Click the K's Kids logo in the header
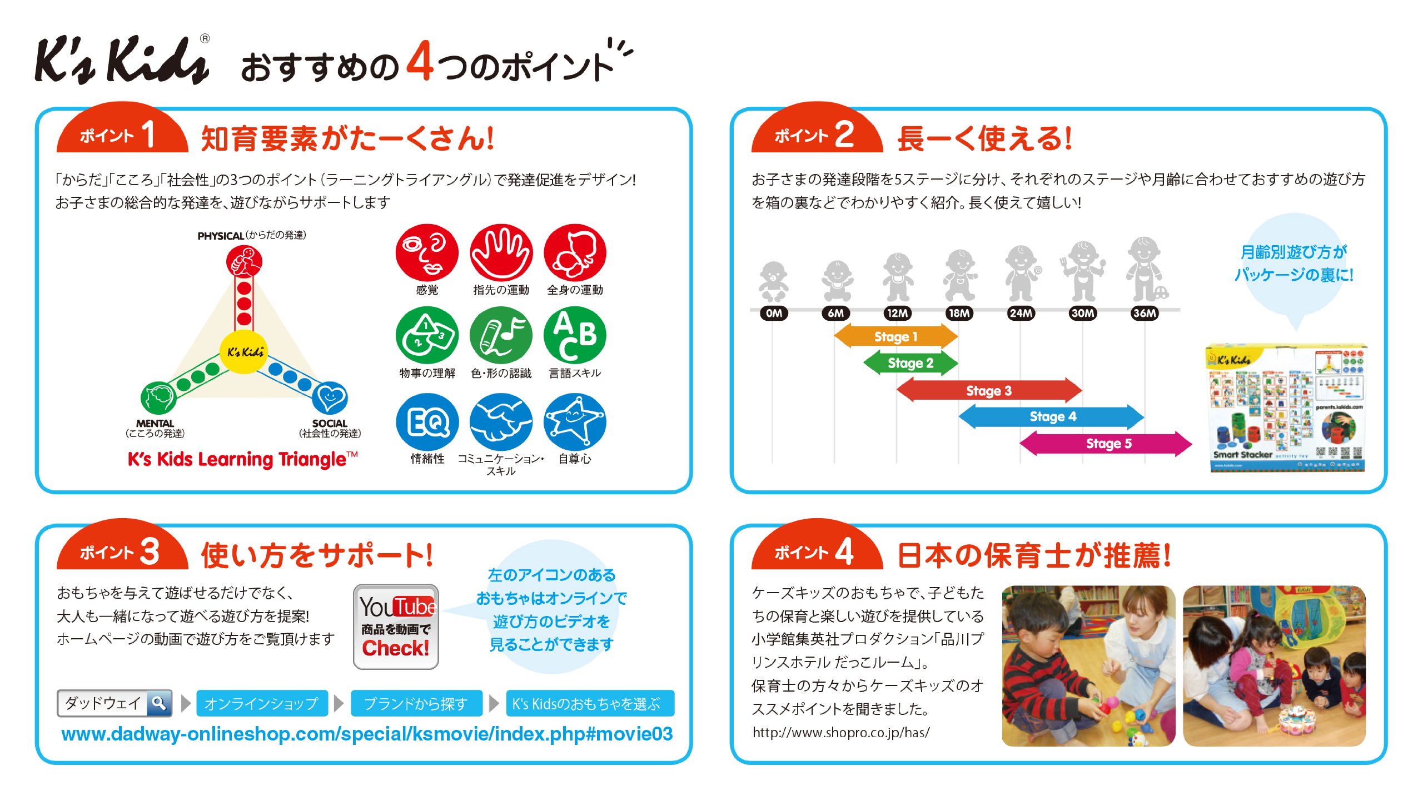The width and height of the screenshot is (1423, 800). coord(122,60)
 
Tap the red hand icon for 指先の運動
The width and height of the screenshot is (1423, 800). coord(501,252)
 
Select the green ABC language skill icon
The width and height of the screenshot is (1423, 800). coord(575,335)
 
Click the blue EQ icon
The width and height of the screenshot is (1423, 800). coord(427,422)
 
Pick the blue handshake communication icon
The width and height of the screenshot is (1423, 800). coord(501,422)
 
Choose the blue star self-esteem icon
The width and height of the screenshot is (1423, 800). coord(575,422)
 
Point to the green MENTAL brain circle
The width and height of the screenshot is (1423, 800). coord(158,397)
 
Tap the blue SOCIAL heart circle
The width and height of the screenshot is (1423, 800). coord(330,397)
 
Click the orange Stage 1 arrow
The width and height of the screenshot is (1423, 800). coord(895,336)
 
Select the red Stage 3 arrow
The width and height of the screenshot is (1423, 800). coord(989,390)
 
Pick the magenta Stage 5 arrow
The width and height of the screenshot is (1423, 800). coord(1106,443)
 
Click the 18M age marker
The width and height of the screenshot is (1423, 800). coord(959,313)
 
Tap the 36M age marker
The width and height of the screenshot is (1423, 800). coord(1145,313)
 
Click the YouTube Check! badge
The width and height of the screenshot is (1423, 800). coord(396,627)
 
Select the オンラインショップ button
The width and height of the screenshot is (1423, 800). coord(261,703)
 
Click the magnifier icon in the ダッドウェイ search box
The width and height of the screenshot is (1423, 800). coord(159,703)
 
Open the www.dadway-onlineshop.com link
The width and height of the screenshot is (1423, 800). coord(367,734)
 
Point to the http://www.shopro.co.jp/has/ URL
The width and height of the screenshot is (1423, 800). coord(840,732)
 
